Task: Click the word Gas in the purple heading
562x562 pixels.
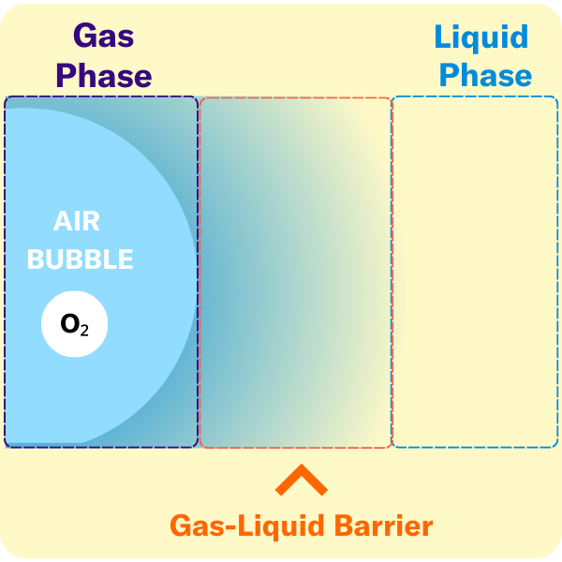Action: click(104, 37)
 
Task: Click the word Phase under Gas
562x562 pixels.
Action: click(104, 75)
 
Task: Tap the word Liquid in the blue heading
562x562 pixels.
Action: click(481, 37)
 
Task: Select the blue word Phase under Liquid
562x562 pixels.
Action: click(485, 75)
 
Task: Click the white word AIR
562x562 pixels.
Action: click(77, 222)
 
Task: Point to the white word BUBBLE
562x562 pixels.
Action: click(81, 259)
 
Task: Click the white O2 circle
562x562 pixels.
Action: click(75, 325)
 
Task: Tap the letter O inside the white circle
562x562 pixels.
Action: click(69, 324)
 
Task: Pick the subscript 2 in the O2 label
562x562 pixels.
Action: click(84, 329)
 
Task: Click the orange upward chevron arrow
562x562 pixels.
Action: click(301, 481)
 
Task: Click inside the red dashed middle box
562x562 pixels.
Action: click(295, 272)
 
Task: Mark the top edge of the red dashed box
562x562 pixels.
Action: click(295, 97)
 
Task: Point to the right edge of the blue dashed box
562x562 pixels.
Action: click(557, 272)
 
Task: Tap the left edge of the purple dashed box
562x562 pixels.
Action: click(5, 272)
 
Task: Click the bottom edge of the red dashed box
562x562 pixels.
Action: click(295, 447)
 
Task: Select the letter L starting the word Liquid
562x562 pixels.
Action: click(443, 37)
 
